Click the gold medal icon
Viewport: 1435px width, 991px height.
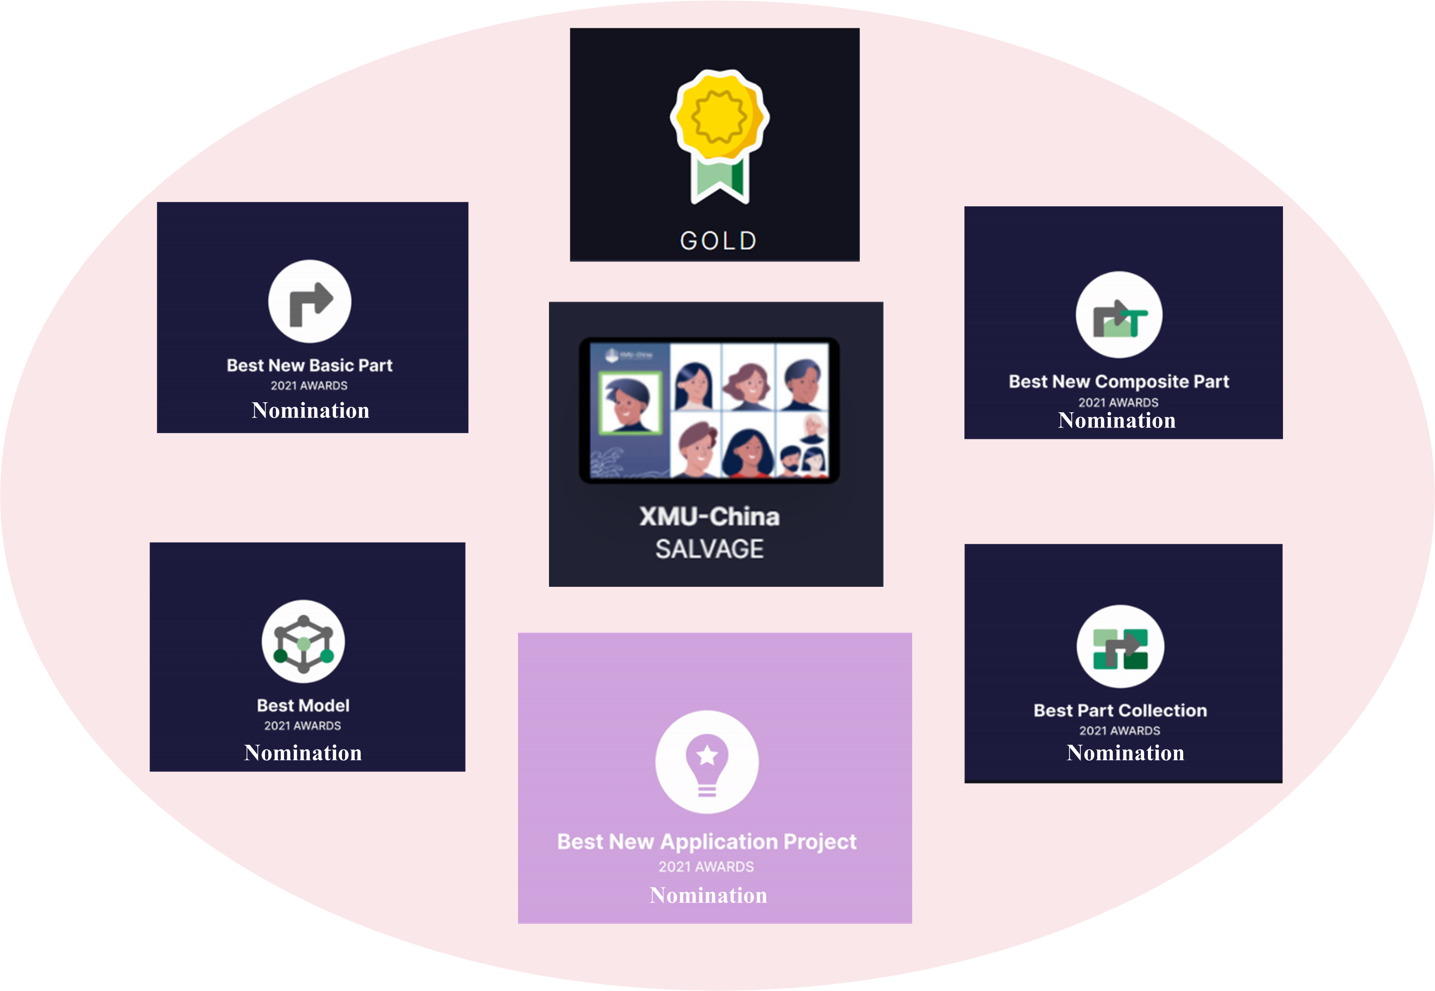719,134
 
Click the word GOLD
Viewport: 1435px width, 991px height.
718,240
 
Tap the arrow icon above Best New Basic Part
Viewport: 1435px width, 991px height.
310,301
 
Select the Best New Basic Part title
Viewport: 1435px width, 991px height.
309,365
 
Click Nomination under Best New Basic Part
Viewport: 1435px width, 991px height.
310,410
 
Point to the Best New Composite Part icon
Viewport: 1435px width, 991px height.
1119,315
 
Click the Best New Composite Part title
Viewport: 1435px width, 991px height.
1118,381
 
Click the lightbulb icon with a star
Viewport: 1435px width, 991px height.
707,762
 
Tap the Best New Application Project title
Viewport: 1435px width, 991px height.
707,841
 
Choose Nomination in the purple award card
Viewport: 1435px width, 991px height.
708,895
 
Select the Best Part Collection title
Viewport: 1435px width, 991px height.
1120,710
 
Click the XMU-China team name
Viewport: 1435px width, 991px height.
709,516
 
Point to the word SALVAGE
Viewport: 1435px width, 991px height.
709,549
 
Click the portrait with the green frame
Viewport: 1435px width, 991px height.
629,402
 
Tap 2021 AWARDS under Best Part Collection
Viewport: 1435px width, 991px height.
1120,731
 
